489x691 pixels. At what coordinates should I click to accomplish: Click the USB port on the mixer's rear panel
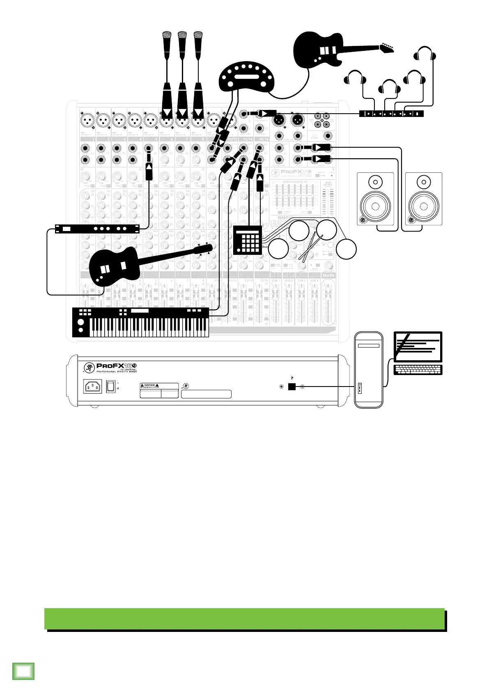click(292, 387)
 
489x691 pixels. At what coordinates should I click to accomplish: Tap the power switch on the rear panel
click(110, 387)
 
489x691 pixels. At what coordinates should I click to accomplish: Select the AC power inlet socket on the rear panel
click(92, 387)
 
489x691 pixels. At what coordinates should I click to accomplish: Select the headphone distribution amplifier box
click(391, 114)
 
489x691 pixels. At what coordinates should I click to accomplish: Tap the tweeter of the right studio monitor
click(424, 181)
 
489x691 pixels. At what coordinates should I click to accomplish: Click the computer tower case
click(369, 369)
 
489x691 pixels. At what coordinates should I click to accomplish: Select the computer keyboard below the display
click(418, 369)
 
